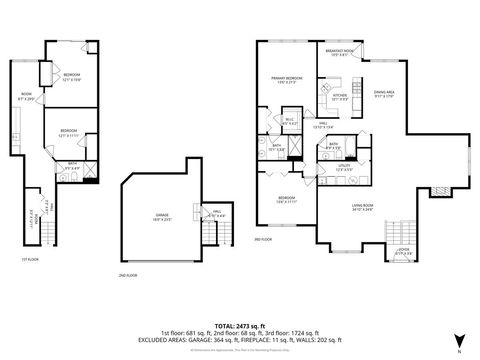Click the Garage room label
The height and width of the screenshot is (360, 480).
(162, 215)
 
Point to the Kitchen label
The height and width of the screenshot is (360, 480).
(339, 96)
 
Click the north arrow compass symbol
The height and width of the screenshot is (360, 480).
(459, 339)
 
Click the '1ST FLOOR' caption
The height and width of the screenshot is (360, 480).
(30, 259)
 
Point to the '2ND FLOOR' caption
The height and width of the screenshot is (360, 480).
(127, 274)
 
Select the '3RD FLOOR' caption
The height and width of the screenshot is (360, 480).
(262, 241)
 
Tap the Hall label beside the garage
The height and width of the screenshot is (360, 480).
(216, 213)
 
